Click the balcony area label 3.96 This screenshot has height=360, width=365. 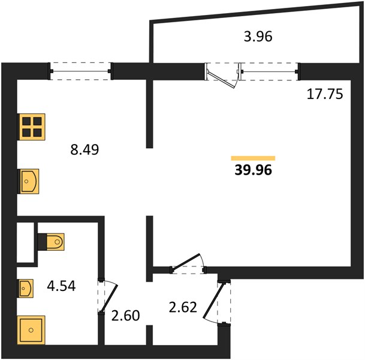coord(258,37)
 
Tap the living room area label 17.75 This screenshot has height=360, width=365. coord(325,94)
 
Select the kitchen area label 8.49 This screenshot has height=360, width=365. coord(85,149)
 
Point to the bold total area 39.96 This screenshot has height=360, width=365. coord(254,170)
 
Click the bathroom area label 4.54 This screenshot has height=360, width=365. coord(61,286)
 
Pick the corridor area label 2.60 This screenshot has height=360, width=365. coord(125,316)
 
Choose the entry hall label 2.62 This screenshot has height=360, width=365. coord(183,307)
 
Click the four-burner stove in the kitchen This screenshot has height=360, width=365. coord(31,127)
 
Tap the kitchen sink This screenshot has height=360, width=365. coord(28,181)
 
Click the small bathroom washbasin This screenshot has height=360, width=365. coord(25,289)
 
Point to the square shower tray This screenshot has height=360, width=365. coord(31,330)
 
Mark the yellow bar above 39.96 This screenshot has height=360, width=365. coord(253,158)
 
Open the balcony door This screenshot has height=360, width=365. coord(222,76)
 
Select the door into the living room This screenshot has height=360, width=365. coord(188,263)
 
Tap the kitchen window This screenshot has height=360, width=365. coord(80,71)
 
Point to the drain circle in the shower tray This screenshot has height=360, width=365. coord(31,330)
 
